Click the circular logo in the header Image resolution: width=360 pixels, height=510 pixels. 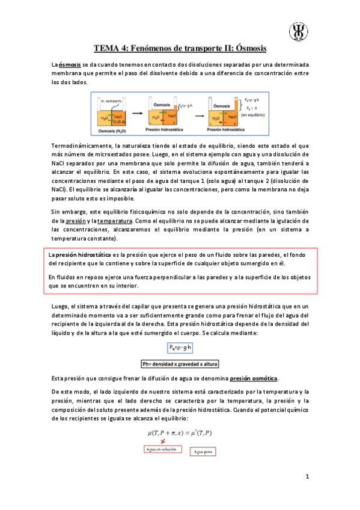[x=299, y=31]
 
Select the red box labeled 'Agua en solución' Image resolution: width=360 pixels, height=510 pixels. [x=162, y=449]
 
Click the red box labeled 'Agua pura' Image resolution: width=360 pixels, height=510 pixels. [x=203, y=452]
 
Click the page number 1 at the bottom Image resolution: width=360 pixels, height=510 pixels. [x=307, y=478]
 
